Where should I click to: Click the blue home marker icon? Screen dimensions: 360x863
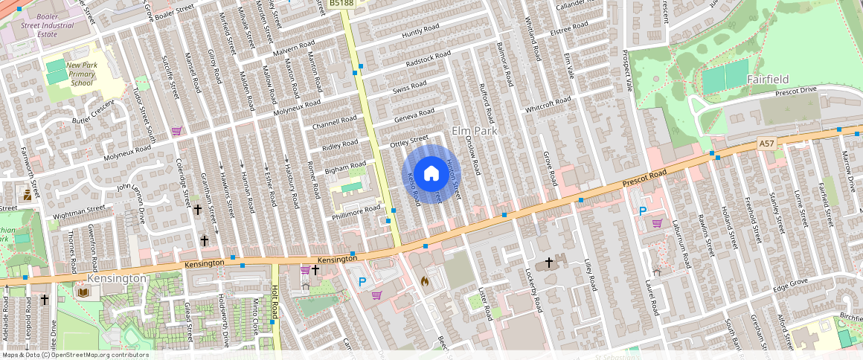coord(431,174)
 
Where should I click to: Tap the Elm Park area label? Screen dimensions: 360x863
coord(473,131)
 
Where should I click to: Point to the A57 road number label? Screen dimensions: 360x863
coord(767,142)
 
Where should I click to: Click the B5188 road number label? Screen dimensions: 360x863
coord(341,4)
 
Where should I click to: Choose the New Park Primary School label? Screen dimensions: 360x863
coord(82,74)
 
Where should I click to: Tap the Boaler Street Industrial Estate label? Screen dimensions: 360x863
coord(38,25)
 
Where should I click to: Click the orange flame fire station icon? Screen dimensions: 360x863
coord(425,282)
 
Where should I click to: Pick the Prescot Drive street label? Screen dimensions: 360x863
coord(795,91)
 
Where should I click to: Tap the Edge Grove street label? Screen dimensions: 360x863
coord(790,284)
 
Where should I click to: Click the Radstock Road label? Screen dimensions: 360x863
coord(429,59)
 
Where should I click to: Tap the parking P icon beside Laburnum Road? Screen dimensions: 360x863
coord(643,211)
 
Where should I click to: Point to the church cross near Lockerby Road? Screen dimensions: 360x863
coord(550,262)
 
